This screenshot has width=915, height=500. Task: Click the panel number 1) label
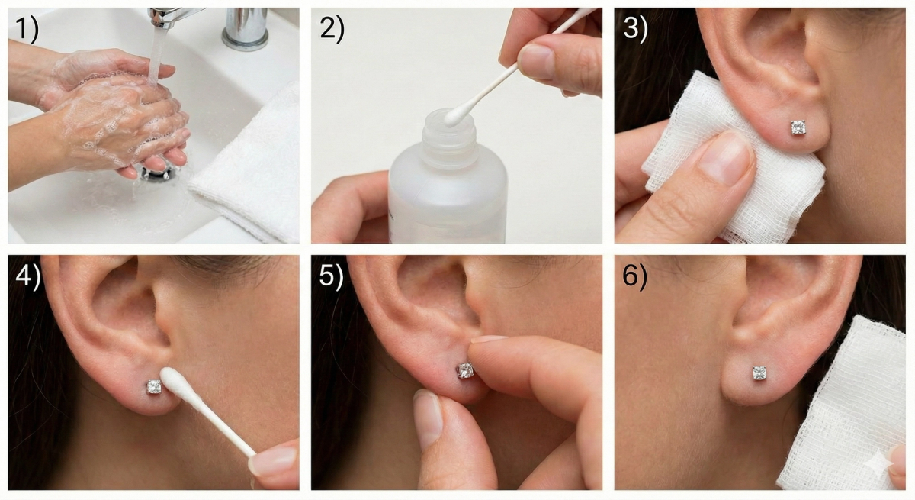tap(27, 30)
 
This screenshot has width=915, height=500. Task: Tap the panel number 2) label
tap(332, 30)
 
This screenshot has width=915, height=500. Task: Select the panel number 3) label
tap(635, 30)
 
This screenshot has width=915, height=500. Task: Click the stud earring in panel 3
tap(798, 127)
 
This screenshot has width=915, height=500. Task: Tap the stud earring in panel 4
tap(154, 387)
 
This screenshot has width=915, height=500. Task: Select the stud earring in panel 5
tap(465, 370)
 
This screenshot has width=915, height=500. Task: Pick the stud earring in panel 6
tap(759, 373)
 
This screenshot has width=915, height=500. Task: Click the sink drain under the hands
tap(154, 174)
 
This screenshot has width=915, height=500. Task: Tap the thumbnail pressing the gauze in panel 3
tap(725, 157)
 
